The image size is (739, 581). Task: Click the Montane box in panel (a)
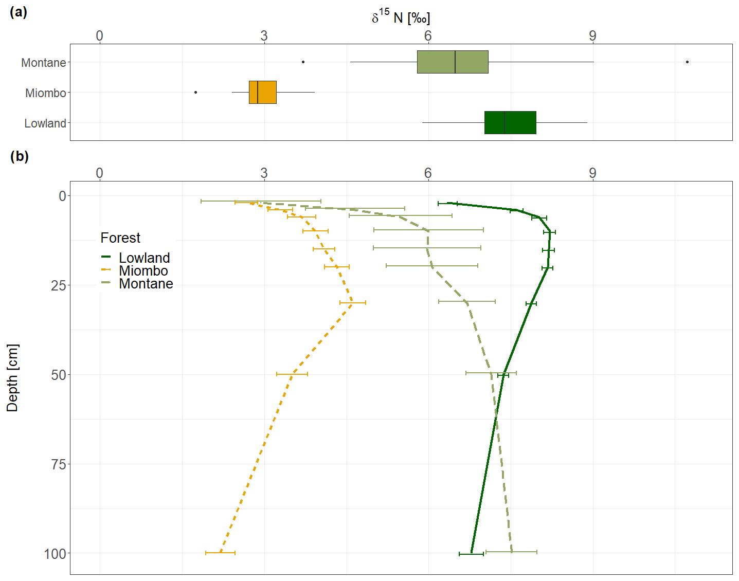[453, 62]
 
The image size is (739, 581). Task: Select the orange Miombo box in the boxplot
[263, 93]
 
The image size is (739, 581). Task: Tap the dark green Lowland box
[510, 123]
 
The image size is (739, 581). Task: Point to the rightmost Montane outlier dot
[687, 62]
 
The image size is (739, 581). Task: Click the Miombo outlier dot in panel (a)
[196, 93]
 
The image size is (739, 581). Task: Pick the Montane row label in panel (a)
[44, 63]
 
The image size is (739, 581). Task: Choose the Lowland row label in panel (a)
[45, 123]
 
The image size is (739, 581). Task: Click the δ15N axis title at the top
[401, 18]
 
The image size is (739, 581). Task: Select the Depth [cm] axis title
[12, 378]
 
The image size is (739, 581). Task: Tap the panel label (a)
[19, 12]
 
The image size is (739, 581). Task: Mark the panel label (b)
[20, 156]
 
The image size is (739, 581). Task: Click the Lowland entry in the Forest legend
[144, 258]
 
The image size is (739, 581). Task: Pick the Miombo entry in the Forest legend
[143, 270]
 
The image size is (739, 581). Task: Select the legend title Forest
[120, 238]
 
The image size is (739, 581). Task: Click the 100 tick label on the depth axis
[55, 554]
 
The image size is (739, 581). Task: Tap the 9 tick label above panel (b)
[592, 173]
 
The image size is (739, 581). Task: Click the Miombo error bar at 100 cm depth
[220, 553]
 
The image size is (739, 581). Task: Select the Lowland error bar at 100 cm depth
[471, 554]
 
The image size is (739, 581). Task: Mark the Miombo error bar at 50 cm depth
[292, 374]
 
